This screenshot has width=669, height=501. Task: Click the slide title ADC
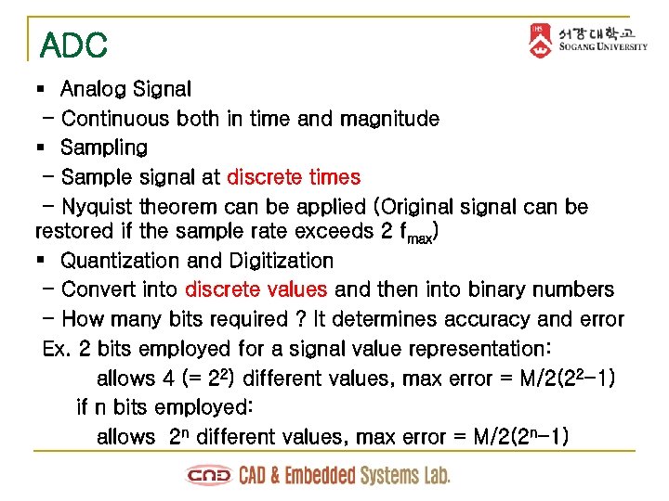pyautogui.click(x=74, y=45)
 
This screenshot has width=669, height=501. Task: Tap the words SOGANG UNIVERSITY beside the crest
pyautogui.click(x=603, y=48)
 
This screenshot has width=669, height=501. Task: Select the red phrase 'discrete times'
pyautogui.click(x=294, y=176)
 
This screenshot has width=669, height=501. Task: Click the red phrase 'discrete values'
pyautogui.click(x=256, y=289)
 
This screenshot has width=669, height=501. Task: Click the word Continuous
pyautogui.click(x=115, y=119)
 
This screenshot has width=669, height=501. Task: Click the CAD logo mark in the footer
pyautogui.click(x=209, y=476)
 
